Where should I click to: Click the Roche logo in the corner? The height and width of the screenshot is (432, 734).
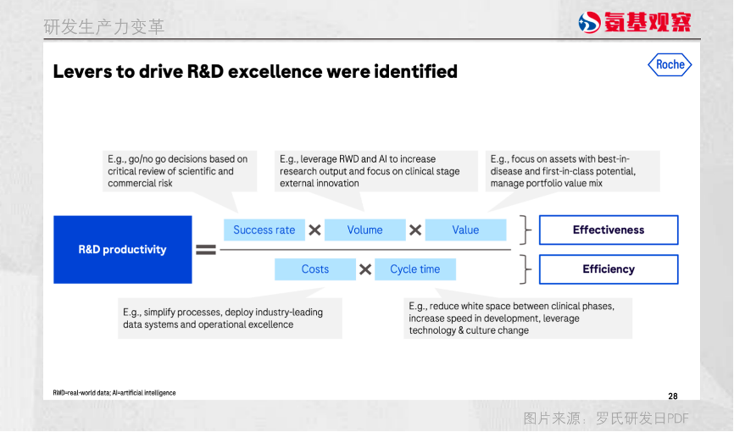pyautogui.click(x=670, y=64)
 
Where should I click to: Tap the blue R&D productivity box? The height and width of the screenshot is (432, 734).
pyautogui.click(x=122, y=249)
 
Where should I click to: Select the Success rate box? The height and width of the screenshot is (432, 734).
pyautogui.click(x=264, y=230)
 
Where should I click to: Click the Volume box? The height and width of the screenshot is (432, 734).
pyautogui.click(x=364, y=230)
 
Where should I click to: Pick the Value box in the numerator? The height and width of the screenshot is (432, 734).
pyautogui.click(x=465, y=230)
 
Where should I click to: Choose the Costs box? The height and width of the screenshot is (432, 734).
pyautogui.click(x=314, y=269)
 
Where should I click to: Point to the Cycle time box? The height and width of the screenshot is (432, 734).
pyautogui.click(x=414, y=269)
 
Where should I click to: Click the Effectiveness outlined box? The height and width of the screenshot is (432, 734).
pyautogui.click(x=608, y=230)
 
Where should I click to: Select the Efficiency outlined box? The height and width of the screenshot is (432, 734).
pyautogui.click(x=608, y=269)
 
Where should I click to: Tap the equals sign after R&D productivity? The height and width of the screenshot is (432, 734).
pyautogui.click(x=207, y=249)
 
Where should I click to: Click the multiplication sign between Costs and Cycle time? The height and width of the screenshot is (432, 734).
pyautogui.click(x=365, y=269)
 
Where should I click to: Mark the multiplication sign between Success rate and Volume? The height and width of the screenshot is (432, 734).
pyautogui.click(x=314, y=230)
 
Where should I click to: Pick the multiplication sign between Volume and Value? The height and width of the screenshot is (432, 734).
pyautogui.click(x=415, y=230)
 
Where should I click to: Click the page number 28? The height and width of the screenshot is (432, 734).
pyautogui.click(x=673, y=396)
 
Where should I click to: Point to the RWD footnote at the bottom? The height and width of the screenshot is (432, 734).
pyautogui.click(x=114, y=393)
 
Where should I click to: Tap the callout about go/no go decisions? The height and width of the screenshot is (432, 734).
pyautogui.click(x=178, y=171)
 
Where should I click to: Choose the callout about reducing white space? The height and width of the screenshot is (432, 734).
pyautogui.click(x=517, y=318)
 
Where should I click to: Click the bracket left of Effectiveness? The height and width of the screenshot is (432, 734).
pyautogui.click(x=527, y=230)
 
